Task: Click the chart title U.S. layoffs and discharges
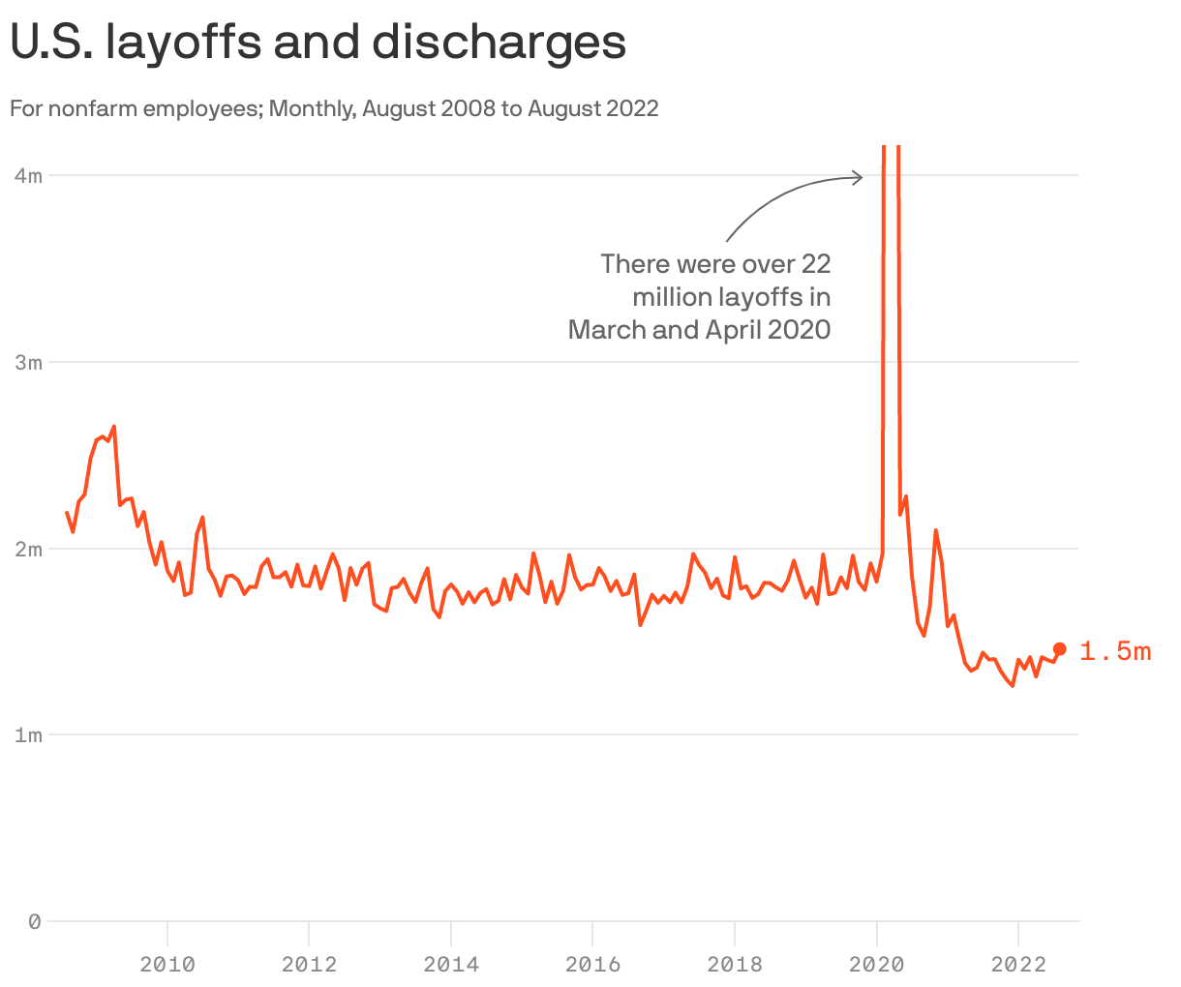(x=318, y=43)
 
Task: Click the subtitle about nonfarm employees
(x=334, y=108)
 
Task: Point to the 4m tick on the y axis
(x=29, y=176)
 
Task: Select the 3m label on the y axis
(x=29, y=363)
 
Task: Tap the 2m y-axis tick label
(x=29, y=550)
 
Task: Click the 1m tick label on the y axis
(x=29, y=735)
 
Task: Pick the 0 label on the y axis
(x=35, y=922)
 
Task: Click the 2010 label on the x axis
(x=167, y=964)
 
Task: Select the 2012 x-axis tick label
(x=309, y=964)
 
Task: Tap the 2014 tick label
(x=451, y=964)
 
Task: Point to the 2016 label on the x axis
(x=592, y=964)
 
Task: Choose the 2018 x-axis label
(x=735, y=964)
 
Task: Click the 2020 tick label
(x=876, y=964)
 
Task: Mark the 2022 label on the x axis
(x=1018, y=964)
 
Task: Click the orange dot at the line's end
(x=1059, y=649)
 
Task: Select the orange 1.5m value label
(x=1115, y=651)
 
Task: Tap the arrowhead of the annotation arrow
(x=859, y=177)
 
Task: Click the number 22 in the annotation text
(x=815, y=263)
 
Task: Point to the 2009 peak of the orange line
(x=113, y=427)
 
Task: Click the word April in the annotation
(x=732, y=329)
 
